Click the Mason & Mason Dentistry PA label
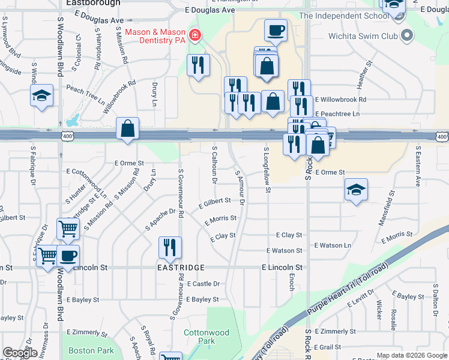[155, 36]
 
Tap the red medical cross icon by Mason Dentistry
[194, 37]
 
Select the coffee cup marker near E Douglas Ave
[276, 29]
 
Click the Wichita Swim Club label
[363, 36]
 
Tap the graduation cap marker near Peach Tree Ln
[42, 96]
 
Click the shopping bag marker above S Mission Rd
[128, 128]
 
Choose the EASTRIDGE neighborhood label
[181, 267]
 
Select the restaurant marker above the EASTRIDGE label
[170, 247]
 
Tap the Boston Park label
[91, 350]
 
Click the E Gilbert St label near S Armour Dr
[215, 200]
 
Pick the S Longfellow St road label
[267, 170]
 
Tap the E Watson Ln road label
[333, 245]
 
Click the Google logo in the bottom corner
[20, 353]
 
